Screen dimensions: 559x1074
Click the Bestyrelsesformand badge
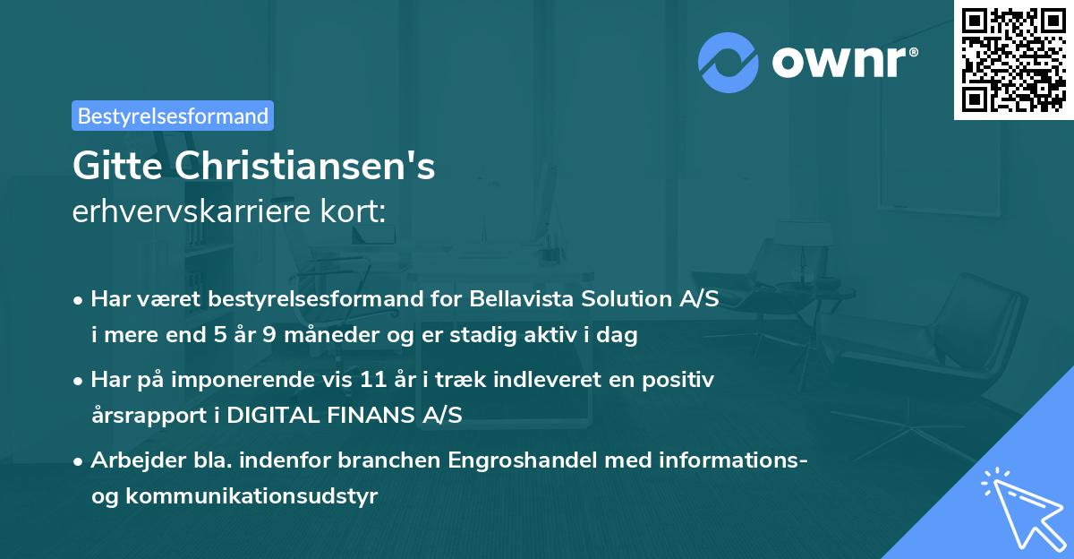click(x=173, y=116)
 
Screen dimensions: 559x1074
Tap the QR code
click(x=1013, y=59)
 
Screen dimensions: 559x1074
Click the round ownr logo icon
click(x=728, y=62)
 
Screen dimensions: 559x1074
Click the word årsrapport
click(x=142, y=416)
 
